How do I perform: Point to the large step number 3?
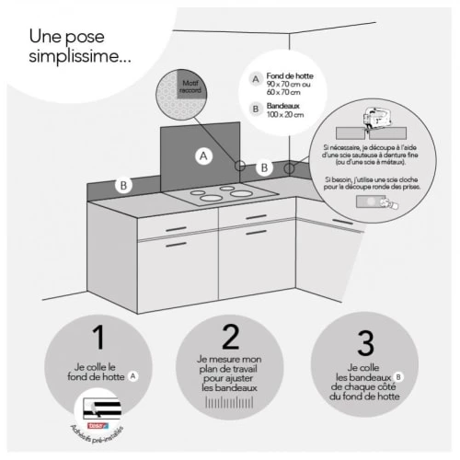[366, 344]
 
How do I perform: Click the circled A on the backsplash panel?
[204, 156]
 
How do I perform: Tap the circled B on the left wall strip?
[122, 184]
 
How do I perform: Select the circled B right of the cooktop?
[264, 167]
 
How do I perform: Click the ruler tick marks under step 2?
[230, 404]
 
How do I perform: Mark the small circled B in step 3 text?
[398, 375]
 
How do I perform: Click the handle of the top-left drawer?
[175, 229]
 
